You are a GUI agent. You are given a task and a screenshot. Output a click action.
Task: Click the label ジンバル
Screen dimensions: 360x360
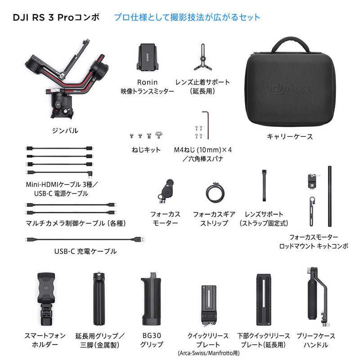[65, 130]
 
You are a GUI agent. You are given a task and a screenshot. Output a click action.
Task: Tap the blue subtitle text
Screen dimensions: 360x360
[187, 18]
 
